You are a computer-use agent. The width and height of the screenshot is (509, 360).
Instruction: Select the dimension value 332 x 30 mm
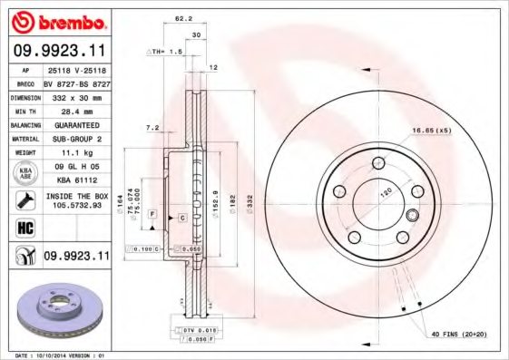click(74, 95)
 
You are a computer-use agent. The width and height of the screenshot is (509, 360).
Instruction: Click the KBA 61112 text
click(74, 180)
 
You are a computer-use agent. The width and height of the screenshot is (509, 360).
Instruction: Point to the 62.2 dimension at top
click(183, 17)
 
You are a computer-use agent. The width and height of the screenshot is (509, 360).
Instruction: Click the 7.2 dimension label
click(152, 128)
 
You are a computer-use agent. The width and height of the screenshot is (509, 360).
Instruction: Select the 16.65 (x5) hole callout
click(430, 131)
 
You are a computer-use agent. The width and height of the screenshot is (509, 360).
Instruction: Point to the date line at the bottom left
click(54, 355)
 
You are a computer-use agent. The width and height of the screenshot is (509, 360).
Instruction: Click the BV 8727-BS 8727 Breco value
click(74, 81)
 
